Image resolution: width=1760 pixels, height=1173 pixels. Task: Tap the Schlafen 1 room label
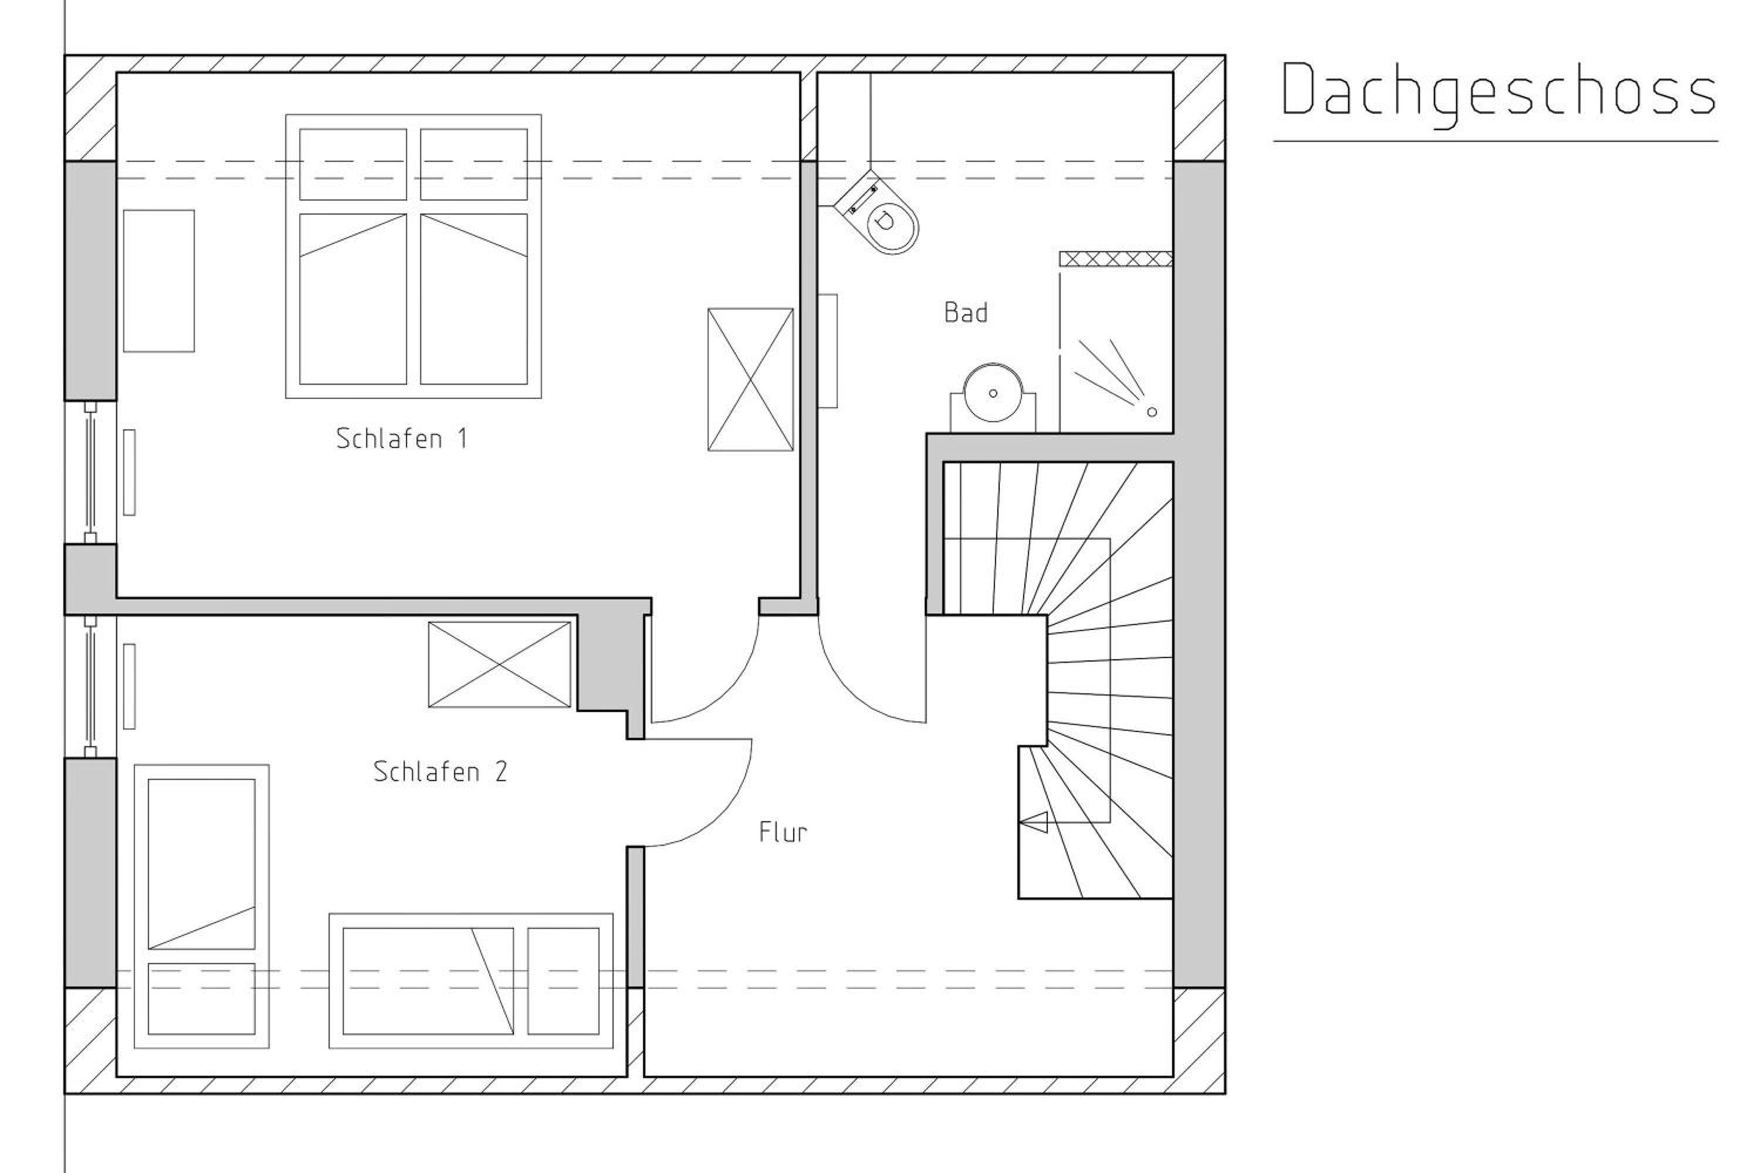402,438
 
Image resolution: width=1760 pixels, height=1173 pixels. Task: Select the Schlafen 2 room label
440,771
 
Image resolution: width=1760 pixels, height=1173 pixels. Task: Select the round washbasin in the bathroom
993,394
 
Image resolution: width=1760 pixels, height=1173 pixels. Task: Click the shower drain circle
1152,412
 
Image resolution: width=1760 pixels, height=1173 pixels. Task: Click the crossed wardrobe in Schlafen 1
750,379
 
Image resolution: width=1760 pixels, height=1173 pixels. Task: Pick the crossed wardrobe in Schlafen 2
499,665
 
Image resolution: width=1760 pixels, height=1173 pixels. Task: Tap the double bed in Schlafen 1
413,256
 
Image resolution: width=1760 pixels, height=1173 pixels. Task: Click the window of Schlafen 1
90,472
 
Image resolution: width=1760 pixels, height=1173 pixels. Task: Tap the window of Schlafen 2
90,687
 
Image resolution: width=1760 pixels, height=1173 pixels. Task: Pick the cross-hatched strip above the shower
1116,259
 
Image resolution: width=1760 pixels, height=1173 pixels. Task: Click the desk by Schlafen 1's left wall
158,280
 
